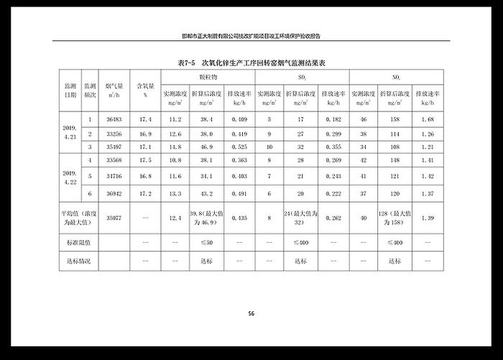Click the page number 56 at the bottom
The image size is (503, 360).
(x=251, y=313)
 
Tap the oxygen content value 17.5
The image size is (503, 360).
(x=145, y=162)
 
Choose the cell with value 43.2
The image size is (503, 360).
(x=206, y=193)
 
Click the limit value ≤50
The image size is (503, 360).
(x=206, y=243)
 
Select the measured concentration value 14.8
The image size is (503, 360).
(x=175, y=147)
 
